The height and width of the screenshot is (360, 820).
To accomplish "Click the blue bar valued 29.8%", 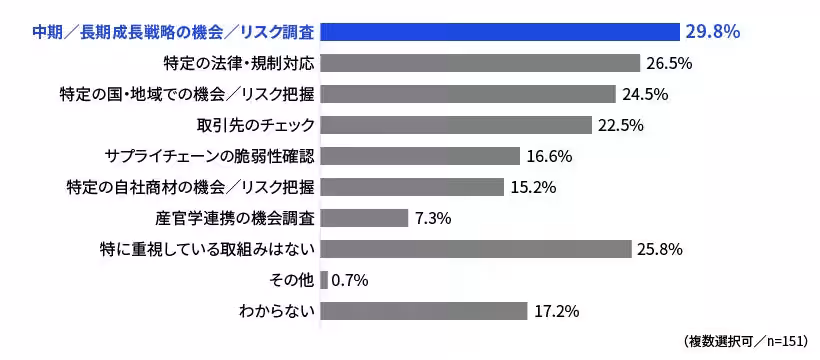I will coord(500,32).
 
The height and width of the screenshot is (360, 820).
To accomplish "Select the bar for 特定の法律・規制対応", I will coord(480,63).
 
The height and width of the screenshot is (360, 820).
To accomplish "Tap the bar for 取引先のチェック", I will coord(456,125).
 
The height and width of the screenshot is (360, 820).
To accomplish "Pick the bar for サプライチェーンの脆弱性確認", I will coord(420,156).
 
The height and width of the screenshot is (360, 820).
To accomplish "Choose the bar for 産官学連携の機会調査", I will coord(364,218).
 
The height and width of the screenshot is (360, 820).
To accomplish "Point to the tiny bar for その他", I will coord(324,280).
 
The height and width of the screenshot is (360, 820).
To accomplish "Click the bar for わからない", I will coord(424,311).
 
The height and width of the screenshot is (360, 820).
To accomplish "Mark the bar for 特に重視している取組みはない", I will coord(476,249).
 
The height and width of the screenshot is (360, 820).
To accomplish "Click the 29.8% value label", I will coord(713,32).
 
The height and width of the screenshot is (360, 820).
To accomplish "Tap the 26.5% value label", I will coord(669,63).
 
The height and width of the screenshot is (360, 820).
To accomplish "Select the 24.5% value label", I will coord(644,94).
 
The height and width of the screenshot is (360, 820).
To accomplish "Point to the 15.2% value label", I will coord(533,187).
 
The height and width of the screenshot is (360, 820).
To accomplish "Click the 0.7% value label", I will coord(350,280).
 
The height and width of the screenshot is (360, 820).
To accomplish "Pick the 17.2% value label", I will coord(557,311).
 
